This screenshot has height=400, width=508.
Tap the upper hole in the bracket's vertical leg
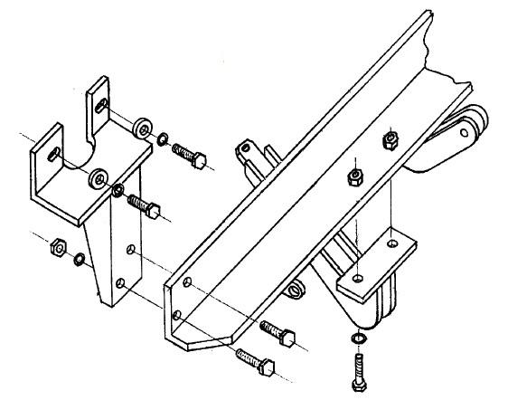133,248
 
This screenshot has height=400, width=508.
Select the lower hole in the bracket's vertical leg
120,281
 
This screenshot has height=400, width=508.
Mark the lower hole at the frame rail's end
176,315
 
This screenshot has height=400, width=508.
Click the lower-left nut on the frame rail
358,175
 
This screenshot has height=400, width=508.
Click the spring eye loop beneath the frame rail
295,290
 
